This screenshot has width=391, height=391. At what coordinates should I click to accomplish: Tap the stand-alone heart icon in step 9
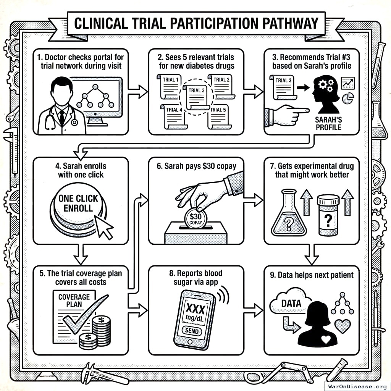point(342,326)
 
